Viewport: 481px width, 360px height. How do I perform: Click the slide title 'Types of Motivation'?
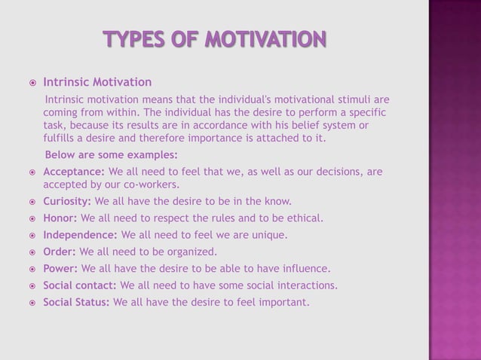[215, 38]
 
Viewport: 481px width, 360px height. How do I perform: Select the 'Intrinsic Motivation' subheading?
[97, 82]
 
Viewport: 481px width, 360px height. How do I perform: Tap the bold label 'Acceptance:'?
[75, 172]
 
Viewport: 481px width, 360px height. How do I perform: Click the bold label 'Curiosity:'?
[67, 201]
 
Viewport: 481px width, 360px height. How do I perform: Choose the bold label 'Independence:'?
[80, 235]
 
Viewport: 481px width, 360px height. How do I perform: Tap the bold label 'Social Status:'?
[76, 303]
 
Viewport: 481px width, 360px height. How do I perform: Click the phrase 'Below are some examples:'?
[112, 155]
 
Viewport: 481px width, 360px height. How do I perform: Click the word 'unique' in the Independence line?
[268, 235]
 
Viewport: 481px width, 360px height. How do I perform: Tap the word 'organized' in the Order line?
[190, 252]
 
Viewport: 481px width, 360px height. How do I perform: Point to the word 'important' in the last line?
[283, 303]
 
